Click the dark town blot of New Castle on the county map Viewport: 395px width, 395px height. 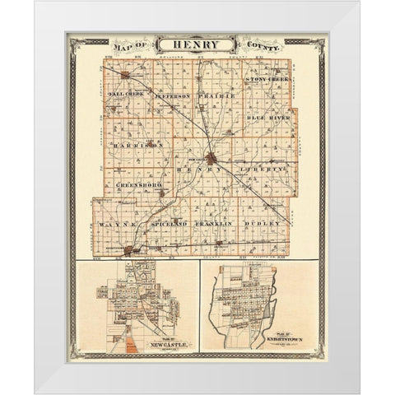pos(211,159)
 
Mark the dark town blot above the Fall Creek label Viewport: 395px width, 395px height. pos(125,76)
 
